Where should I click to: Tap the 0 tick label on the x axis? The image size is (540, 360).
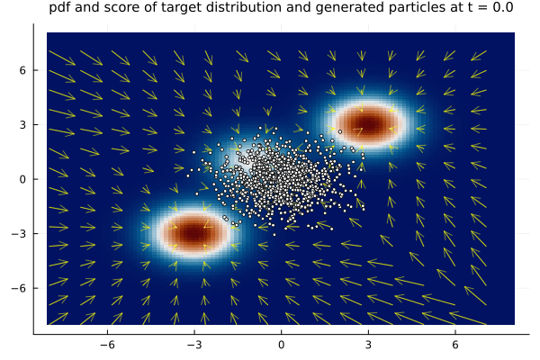click(x=281, y=345)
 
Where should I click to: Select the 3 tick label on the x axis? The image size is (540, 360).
click(x=368, y=345)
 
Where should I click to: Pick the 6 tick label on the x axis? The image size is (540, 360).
click(x=455, y=345)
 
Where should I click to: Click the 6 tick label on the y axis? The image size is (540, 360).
click(x=25, y=70)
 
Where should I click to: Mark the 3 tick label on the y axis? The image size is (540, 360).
click(x=25, y=124)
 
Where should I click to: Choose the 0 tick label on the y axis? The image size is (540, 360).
click(x=25, y=178)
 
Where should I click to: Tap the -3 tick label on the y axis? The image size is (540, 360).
click(x=22, y=233)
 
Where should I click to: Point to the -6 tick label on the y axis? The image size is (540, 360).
click(x=22, y=288)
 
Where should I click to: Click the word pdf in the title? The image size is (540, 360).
click(x=59, y=10)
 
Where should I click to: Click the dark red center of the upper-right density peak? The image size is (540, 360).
click(x=368, y=124)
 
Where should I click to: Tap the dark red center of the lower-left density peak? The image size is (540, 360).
click(x=193, y=233)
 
